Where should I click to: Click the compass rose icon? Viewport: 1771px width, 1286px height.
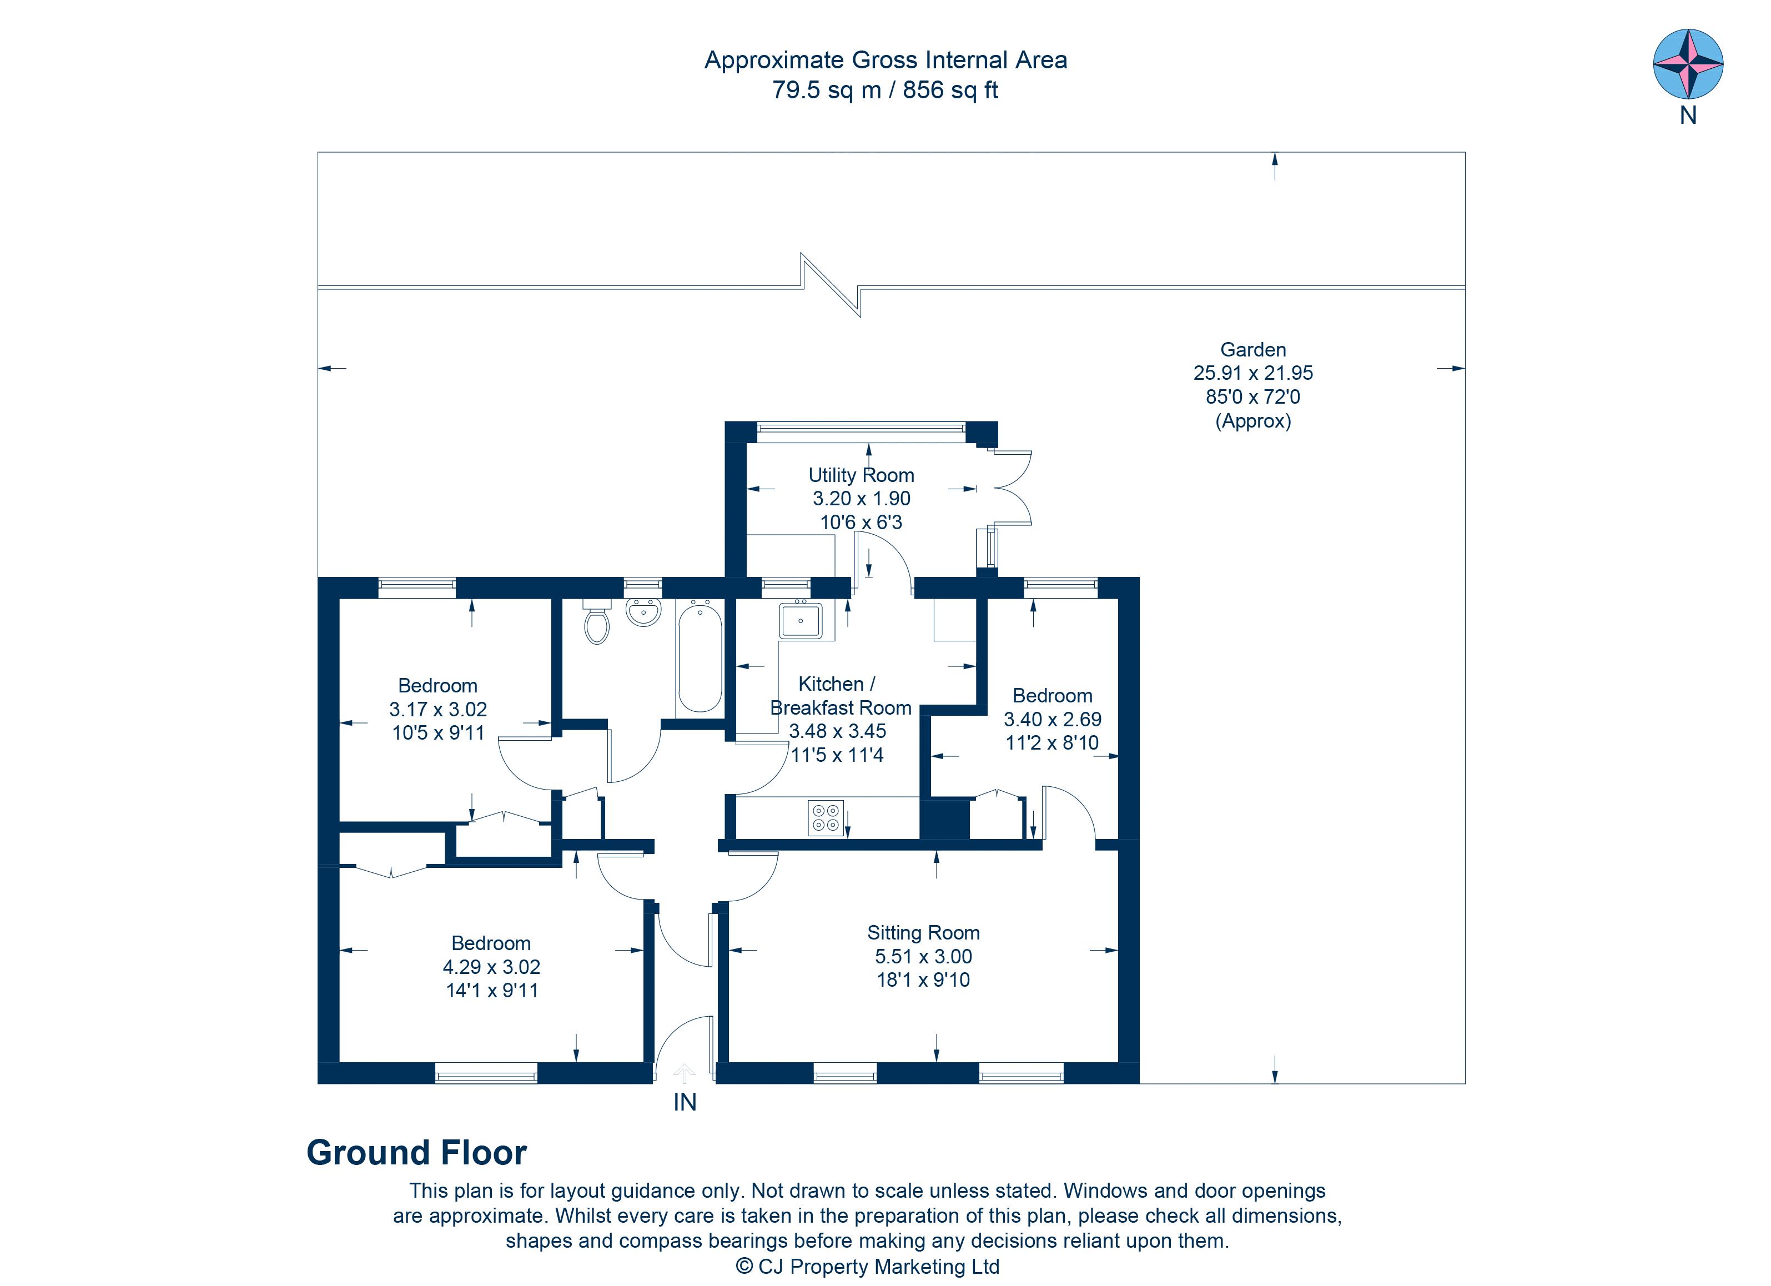[1688, 64]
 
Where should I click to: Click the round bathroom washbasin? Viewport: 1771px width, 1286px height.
[643, 611]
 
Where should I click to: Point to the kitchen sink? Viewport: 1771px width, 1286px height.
[801, 620]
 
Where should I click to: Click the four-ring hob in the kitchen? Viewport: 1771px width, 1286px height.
[826, 817]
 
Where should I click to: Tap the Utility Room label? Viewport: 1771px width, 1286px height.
[861, 475]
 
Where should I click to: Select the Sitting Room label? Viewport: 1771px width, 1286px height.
[923, 932]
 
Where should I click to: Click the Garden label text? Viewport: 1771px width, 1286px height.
[1252, 350]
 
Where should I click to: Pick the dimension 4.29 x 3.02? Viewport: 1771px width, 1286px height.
[491, 967]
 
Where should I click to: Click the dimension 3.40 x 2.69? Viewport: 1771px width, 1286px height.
[1052, 719]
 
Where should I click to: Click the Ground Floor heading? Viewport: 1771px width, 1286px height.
[416, 1153]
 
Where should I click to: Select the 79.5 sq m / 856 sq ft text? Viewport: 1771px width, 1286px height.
[885, 90]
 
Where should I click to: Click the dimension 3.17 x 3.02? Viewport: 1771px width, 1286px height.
[438, 709]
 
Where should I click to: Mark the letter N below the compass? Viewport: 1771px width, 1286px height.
[1688, 115]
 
